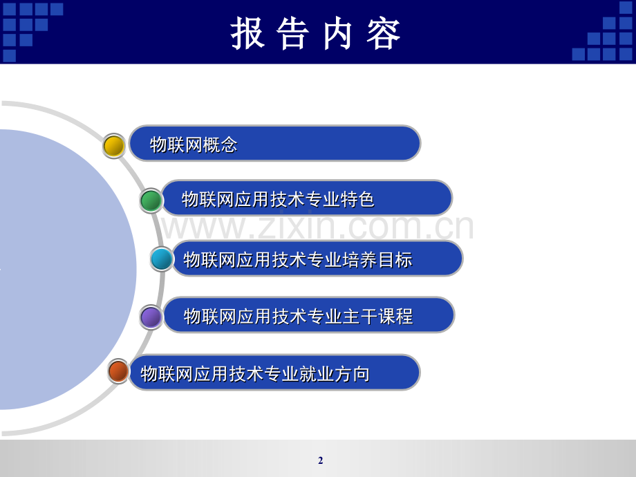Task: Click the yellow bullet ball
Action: (114, 146)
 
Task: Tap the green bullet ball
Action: (151, 200)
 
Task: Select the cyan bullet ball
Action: (162, 259)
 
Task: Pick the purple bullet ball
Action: (151, 317)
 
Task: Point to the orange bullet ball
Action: (118, 371)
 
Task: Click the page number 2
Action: (321, 460)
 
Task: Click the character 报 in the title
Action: (247, 34)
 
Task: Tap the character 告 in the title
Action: (293, 34)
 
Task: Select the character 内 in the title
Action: (337, 34)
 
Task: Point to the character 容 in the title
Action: (383, 34)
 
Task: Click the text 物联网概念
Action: (194, 144)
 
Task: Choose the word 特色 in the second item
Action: (357, 199)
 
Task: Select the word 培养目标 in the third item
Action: (377, 260)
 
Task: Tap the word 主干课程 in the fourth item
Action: (377, 317)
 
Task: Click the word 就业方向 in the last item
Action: (334, 373)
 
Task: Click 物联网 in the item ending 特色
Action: (207, 199)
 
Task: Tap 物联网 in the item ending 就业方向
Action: (167, 373)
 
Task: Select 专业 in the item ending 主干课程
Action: (325, 317)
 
